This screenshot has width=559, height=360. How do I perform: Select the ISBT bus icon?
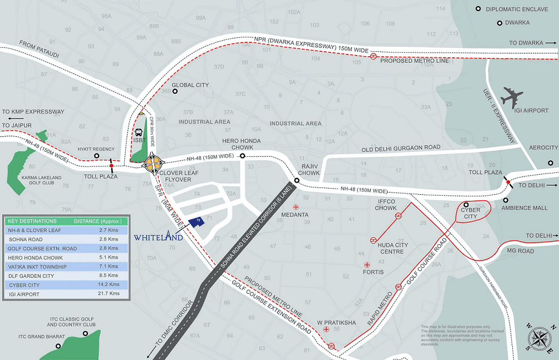(139, 134)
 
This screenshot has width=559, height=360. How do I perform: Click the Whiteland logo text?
(158, 237)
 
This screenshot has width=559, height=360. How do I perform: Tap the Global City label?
(190, 85)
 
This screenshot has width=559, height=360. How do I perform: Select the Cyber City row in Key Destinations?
(66, 284)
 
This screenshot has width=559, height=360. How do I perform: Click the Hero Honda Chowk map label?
(238, 144)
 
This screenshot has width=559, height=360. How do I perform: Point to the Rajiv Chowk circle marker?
(297, 180)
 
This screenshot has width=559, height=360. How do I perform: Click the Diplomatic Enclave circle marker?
(478, 9)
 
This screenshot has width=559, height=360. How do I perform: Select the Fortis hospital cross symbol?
(366, 264)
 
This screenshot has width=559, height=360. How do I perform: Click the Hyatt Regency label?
(96, 149)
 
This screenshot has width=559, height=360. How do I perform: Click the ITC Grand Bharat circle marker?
(58, 346)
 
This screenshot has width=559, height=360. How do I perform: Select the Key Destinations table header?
(66, 221)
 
